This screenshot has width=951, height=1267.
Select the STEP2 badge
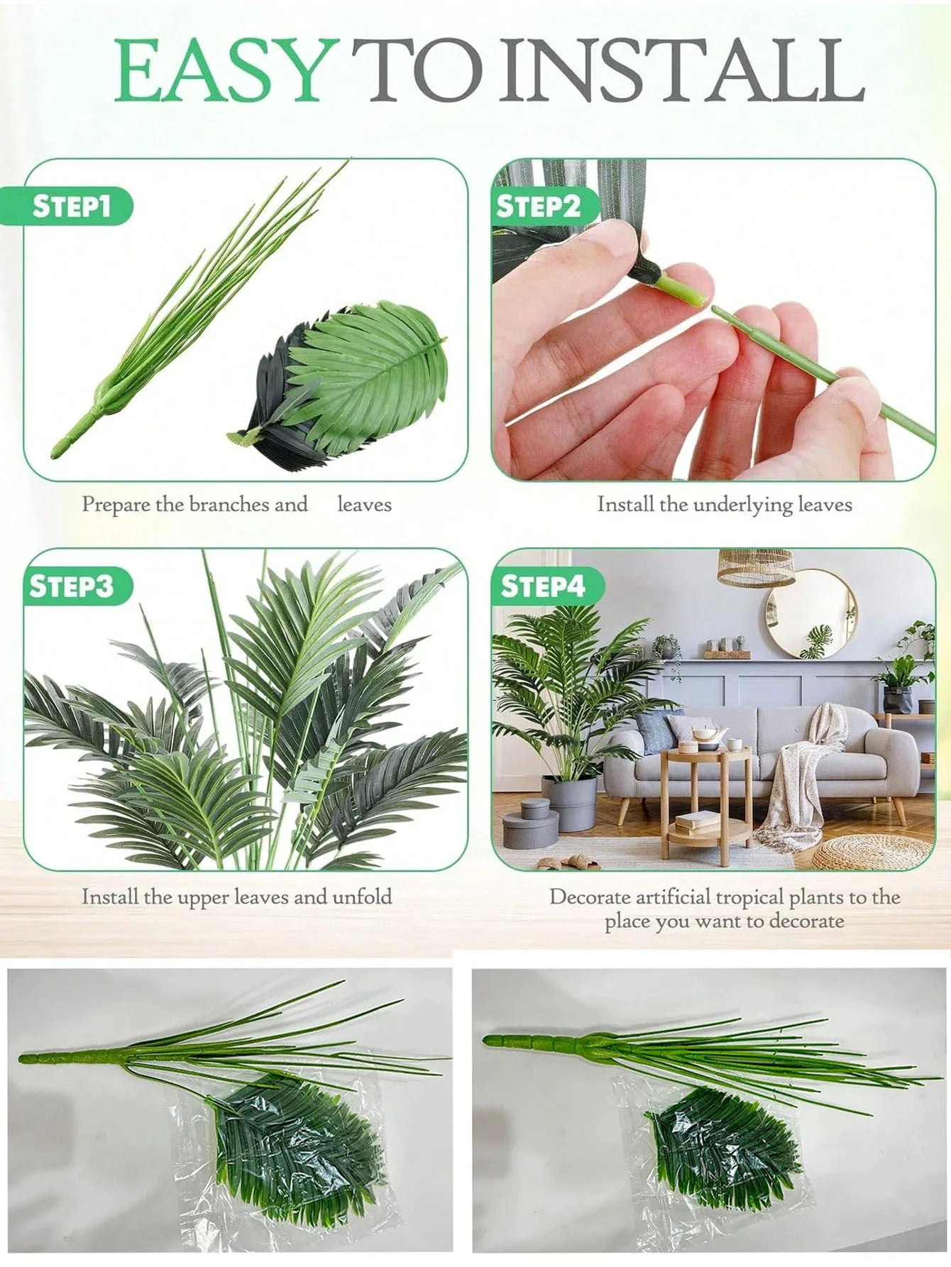point(538,206)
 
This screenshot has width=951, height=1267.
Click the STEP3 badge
point(71,586)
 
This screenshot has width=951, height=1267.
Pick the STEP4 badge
point(543,586)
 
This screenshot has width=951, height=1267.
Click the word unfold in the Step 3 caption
point(362,896)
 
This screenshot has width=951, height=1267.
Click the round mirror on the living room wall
point(810,614)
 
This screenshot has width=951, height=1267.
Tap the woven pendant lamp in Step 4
point(755,568)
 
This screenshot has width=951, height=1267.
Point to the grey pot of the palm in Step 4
point(569,802)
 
